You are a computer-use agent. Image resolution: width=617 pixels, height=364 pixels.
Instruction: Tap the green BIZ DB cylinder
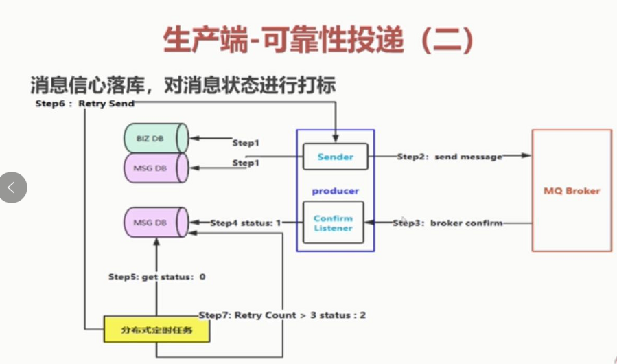coord(155,138)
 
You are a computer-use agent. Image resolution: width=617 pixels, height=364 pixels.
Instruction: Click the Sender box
coord(335,157)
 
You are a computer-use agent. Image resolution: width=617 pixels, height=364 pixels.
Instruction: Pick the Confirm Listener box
coord(333,223)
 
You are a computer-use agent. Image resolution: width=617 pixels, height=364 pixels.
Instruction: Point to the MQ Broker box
coord(572,190)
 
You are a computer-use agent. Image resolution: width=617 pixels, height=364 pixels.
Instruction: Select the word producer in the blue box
coord(336,190)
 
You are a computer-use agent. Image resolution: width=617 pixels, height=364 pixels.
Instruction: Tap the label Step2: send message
coord(450,157)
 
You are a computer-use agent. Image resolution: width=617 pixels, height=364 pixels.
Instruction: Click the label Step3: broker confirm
coord(447,223)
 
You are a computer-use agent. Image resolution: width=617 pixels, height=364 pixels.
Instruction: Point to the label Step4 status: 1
coord(246,223)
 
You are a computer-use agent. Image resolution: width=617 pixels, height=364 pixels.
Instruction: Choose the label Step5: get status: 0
coord(157,277)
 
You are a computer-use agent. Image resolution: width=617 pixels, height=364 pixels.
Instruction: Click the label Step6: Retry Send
coord(84,104)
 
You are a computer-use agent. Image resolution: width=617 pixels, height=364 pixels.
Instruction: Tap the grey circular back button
coord(12,187)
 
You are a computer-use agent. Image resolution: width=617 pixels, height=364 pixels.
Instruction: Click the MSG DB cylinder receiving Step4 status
coord(155,223)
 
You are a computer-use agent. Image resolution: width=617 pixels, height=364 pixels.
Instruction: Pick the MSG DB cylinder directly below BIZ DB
coord(155,167)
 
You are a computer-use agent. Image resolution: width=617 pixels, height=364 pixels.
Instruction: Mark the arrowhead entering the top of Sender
coord(335,139)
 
